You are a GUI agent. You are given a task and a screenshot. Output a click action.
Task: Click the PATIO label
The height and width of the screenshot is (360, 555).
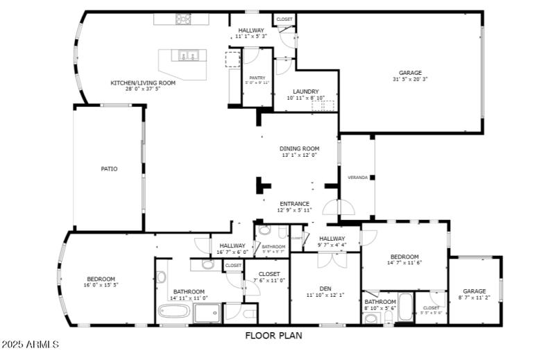point(109,169)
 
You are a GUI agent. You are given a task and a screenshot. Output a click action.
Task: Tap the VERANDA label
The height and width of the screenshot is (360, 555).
point(357,178)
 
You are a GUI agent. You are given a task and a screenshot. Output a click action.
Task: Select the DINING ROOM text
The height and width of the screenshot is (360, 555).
point(299,148)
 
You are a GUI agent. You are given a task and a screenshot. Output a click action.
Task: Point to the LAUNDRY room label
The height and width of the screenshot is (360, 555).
point(305,92)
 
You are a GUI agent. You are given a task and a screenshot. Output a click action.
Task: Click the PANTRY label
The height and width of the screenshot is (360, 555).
point(257,78)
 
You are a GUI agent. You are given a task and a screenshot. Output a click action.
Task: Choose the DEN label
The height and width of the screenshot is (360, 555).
point(325,289)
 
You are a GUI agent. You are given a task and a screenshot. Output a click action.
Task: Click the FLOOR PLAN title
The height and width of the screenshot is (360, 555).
point(273,336)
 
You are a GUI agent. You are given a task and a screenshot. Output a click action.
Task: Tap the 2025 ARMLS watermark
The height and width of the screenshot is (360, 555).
point(31,344)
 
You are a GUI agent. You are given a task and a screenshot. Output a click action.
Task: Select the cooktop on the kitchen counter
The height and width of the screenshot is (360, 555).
point(183,19)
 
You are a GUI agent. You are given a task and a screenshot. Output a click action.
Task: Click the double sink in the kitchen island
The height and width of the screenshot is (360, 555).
point(188,55)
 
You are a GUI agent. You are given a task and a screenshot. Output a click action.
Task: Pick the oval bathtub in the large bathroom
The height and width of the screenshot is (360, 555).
point(173,312)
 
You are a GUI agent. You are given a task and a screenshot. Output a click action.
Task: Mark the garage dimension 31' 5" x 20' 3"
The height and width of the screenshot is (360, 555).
point(409,79)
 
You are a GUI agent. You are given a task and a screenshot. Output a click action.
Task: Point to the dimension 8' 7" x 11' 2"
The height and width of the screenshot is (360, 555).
point(475,298)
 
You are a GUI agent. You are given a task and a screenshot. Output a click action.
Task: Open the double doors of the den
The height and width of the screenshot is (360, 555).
point(330,260)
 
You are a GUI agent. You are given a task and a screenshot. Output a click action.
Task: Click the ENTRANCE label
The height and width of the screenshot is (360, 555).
point(295,204)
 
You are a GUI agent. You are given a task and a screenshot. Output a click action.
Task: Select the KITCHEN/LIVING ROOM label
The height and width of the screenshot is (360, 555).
point(143,83)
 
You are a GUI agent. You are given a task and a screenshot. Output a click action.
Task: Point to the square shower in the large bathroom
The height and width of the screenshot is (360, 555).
point(206,314)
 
